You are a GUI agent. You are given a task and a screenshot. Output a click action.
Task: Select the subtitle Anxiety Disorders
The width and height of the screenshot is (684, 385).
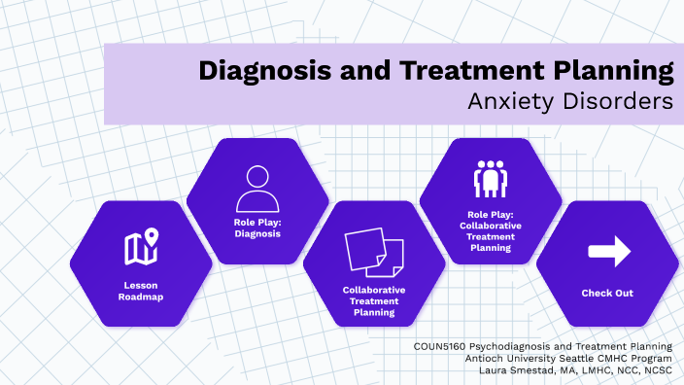[569, 101]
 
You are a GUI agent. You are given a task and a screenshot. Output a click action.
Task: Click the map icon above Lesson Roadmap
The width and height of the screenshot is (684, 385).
[141, 249]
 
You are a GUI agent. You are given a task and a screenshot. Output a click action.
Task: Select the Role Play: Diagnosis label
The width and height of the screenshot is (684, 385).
[256, 227]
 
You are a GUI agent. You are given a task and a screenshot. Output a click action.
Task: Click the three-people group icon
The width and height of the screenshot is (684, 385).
[490, 178]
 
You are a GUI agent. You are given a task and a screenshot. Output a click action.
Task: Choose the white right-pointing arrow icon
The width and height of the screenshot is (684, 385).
[608, 252]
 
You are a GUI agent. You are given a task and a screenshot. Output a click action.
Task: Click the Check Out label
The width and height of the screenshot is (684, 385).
[607, 293]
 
